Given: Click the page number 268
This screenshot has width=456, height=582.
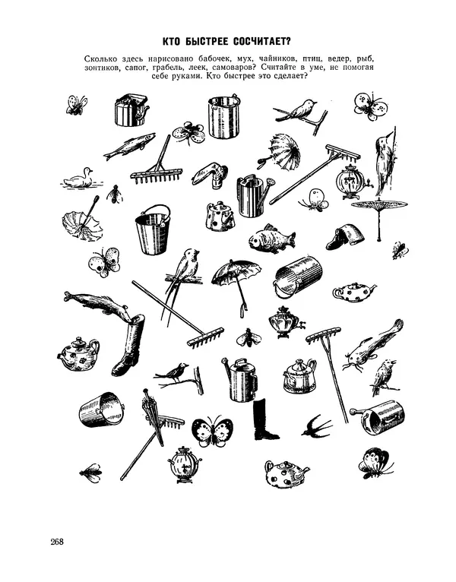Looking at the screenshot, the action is pos(57,542).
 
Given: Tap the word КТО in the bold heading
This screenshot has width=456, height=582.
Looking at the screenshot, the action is pos(172,41).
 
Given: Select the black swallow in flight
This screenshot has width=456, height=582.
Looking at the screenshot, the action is pos(316,426).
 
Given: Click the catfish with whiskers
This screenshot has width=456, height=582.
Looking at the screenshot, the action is pos(372,345).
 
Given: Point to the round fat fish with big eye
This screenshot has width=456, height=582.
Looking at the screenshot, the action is pos(271,239).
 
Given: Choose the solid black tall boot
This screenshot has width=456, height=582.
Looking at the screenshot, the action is pos(263,419).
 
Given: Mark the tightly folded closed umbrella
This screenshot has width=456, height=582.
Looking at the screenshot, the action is pos(153,416).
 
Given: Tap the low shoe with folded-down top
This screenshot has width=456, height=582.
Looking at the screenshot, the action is pos(345,238).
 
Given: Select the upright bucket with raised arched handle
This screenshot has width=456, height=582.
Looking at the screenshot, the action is pos(152,230).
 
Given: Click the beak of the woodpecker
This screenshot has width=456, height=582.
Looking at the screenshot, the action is pos(389,133).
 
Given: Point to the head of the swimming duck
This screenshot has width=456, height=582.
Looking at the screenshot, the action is pos(87,171).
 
